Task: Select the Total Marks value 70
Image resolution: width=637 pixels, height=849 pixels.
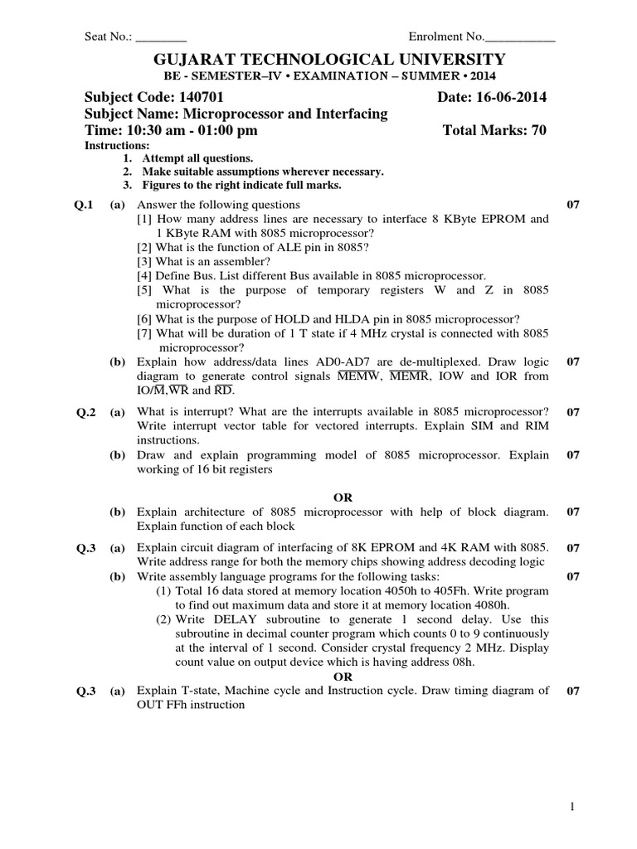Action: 538,130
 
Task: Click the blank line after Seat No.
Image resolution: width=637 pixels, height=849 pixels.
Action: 161,36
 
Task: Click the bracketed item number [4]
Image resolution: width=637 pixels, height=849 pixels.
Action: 144,275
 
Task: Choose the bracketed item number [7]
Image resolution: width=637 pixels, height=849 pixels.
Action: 144,333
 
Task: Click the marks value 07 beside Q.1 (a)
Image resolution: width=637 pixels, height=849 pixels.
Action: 571,205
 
